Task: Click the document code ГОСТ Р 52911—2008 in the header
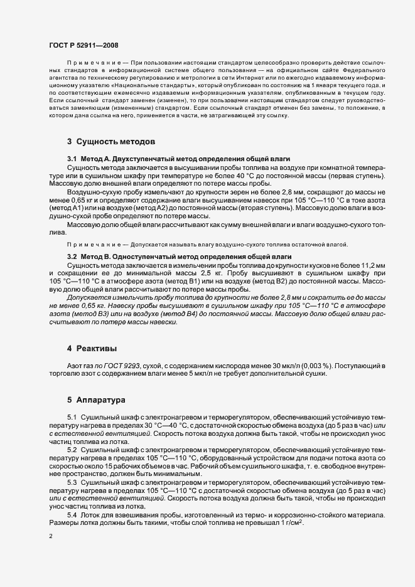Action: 83,45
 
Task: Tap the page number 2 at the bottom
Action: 51,536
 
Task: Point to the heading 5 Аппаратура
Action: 97,399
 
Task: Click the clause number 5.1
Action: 72,416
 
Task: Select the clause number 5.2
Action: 72,450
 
